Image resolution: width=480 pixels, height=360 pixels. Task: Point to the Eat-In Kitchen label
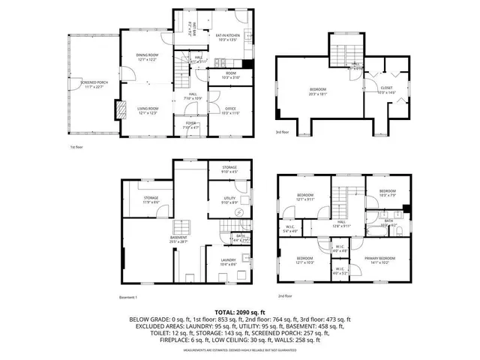pyautogui.click(x=226, y=35)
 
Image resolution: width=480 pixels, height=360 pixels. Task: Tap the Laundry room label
pyautogui.click(x=229, y=262)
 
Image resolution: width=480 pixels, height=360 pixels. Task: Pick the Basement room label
pyautogui.click(x=178, y=238)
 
